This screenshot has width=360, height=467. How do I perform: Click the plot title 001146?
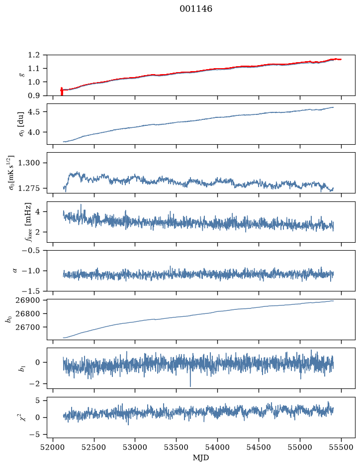click(195, 9)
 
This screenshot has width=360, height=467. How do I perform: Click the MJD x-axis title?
click(201, 458)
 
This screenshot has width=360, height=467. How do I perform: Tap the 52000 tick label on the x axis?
click(53, 447)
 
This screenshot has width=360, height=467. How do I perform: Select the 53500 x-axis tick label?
click(177, 447)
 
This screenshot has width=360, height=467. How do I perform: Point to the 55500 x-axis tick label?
click(341, 447)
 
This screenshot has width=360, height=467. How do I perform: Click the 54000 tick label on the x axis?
click(217, 447)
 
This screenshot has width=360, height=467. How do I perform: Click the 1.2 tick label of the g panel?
click(34, 55)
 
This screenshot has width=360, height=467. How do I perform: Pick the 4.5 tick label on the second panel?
click(34, 112)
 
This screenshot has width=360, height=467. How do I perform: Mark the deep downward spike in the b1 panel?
click(190, 381)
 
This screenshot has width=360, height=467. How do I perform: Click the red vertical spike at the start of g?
click(62, 91)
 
